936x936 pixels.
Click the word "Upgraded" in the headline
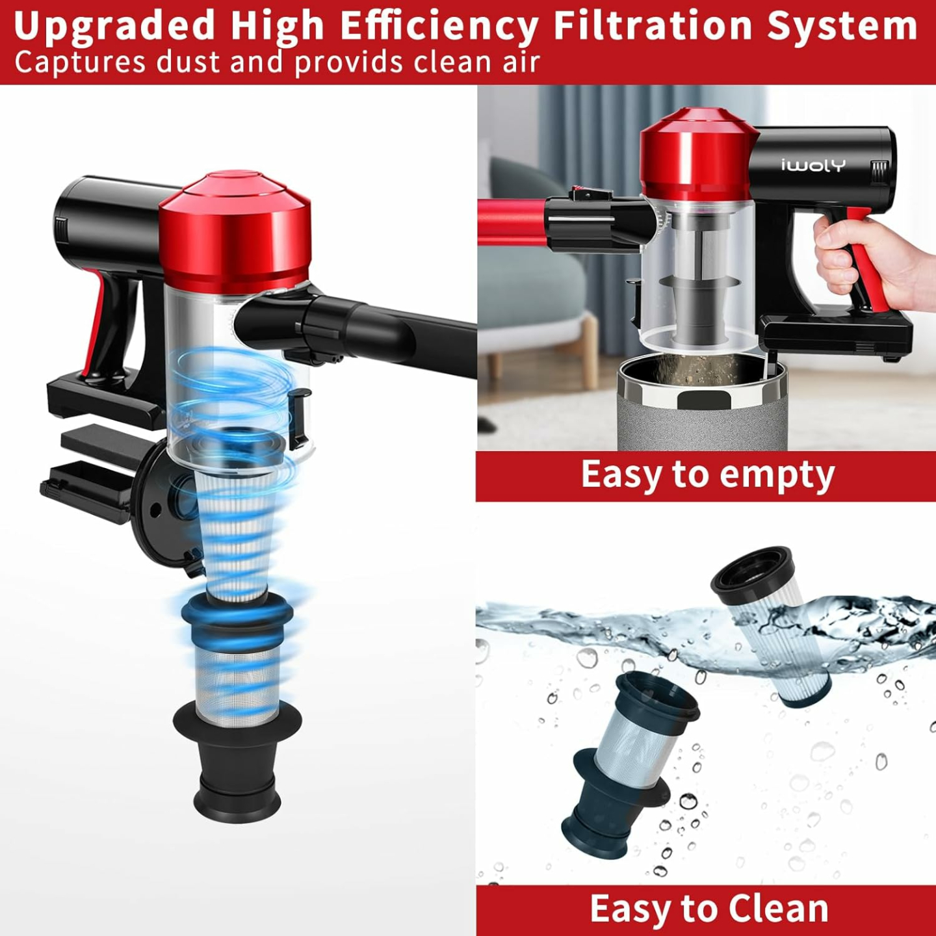pos(114,26)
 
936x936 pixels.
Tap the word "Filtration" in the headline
pos(654,26)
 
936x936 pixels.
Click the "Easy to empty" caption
pos(707,474)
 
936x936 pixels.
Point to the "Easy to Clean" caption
pos(708,909)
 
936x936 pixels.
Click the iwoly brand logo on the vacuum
pos(812,165)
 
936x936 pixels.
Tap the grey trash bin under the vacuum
pos(702,416)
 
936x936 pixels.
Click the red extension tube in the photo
pos(510,221)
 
